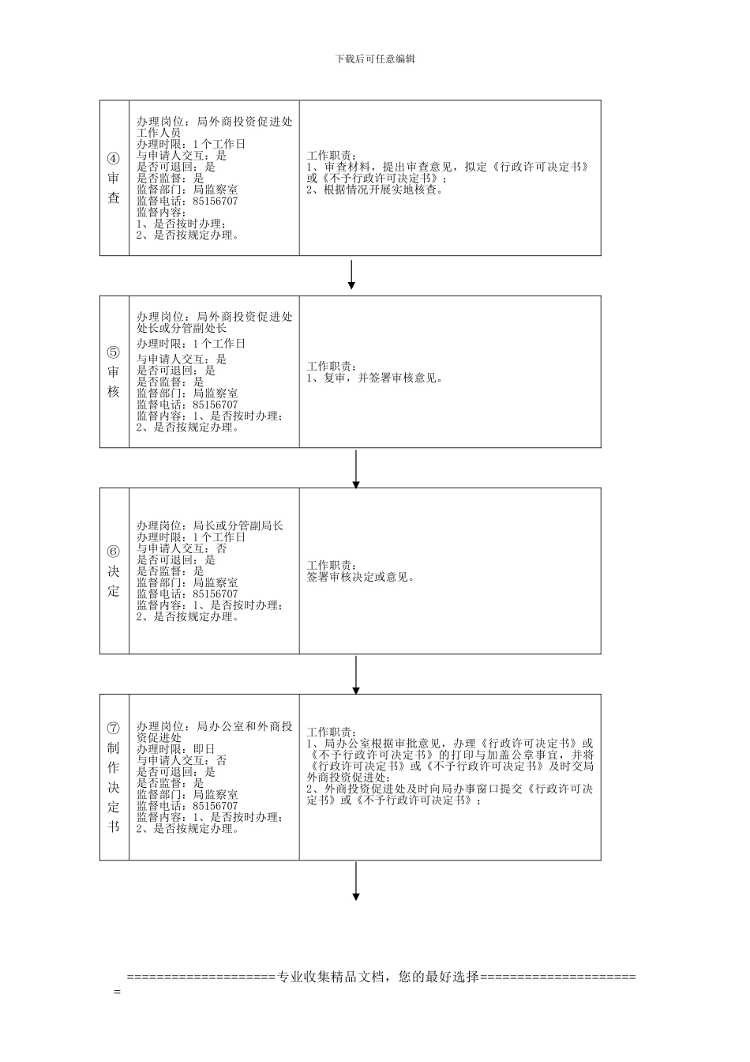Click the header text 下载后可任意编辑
click(x=375, y=59)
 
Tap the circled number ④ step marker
click(x=114, y=157)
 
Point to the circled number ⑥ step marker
click(x=114, y=551)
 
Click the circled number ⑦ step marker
click(x=114, y=728)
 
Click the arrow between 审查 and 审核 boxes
click(x=351, y=274)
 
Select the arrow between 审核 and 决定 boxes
click(x=356, y=469)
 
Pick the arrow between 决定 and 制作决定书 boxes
click(x=356, y=675)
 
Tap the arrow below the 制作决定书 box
click(x=356, y=880)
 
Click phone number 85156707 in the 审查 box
click(x=215, y=201)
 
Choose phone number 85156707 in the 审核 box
click(x=215, y=405)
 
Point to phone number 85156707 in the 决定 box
click(x=215, y=593)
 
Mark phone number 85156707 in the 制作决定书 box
click(x=215, y=806)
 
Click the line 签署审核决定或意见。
click(x=362, y=577)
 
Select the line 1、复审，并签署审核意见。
click(x=375, y=378)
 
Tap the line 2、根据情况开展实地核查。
click(x=376, y=189)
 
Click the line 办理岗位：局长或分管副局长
click(x=210, y=525)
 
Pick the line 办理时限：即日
click(x=175, y=748)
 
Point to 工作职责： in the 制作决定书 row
click(x=332, y=732)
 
